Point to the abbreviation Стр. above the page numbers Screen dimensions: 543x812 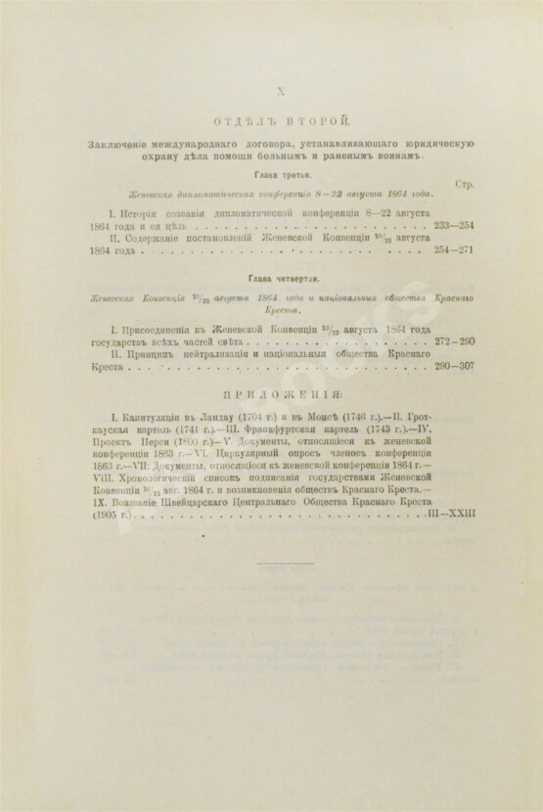tap(466, 184)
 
